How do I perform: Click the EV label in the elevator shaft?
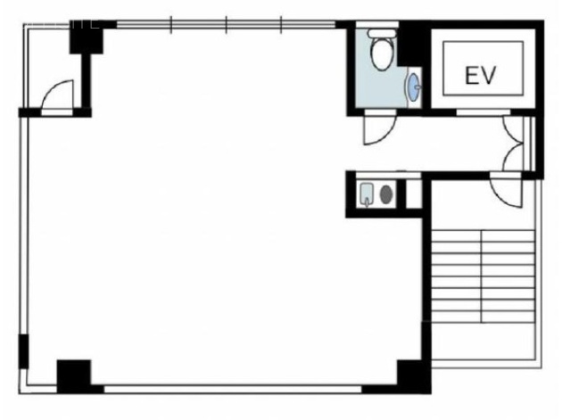(480, 75)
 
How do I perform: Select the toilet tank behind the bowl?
(382, 33)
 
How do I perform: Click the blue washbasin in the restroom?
(414, 87)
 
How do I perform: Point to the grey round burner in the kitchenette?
(386, 194)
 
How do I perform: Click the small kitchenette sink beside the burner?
(367, 194)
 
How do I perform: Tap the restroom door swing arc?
(380, 130)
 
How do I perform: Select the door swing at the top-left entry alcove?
(57, 95)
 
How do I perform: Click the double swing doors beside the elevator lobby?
(514, 144)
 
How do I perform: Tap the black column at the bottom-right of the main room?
(414, 376)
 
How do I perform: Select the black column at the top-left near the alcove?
(87, 37)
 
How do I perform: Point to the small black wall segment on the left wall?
(23, 351)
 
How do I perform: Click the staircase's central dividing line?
(482, 276)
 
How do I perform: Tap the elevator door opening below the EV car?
(483, 112)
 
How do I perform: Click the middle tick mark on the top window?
(226, 25)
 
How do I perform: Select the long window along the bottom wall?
(233, 390)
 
